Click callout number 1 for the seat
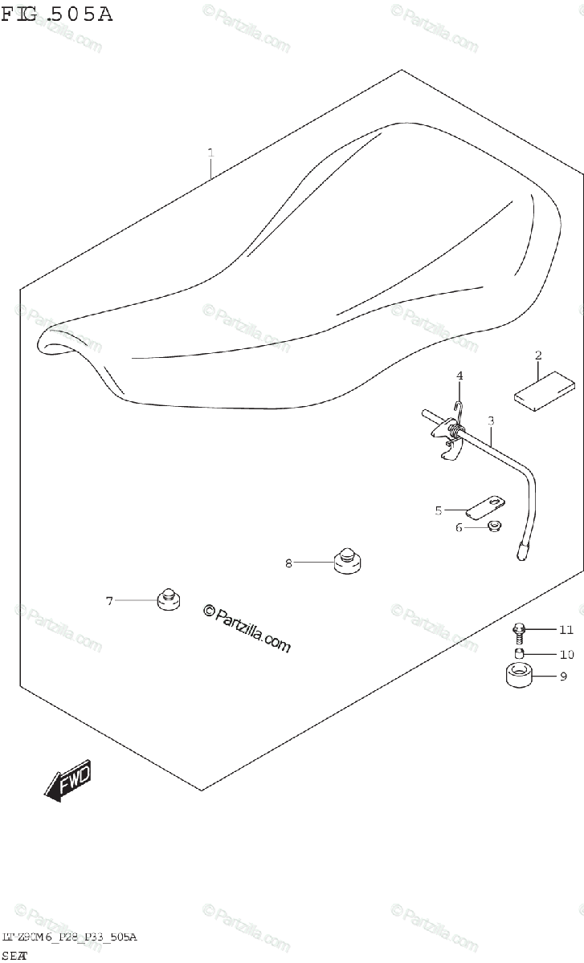click(210, 152)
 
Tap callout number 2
click(538, 355)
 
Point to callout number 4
click(460, 375)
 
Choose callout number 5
click(439, 510)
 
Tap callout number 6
click(459, 527)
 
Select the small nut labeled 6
click(494, 526)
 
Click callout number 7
click(109, 599)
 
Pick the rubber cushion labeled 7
click(168, 599)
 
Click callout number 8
click(288, 563)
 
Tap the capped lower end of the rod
click(522, 551)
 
